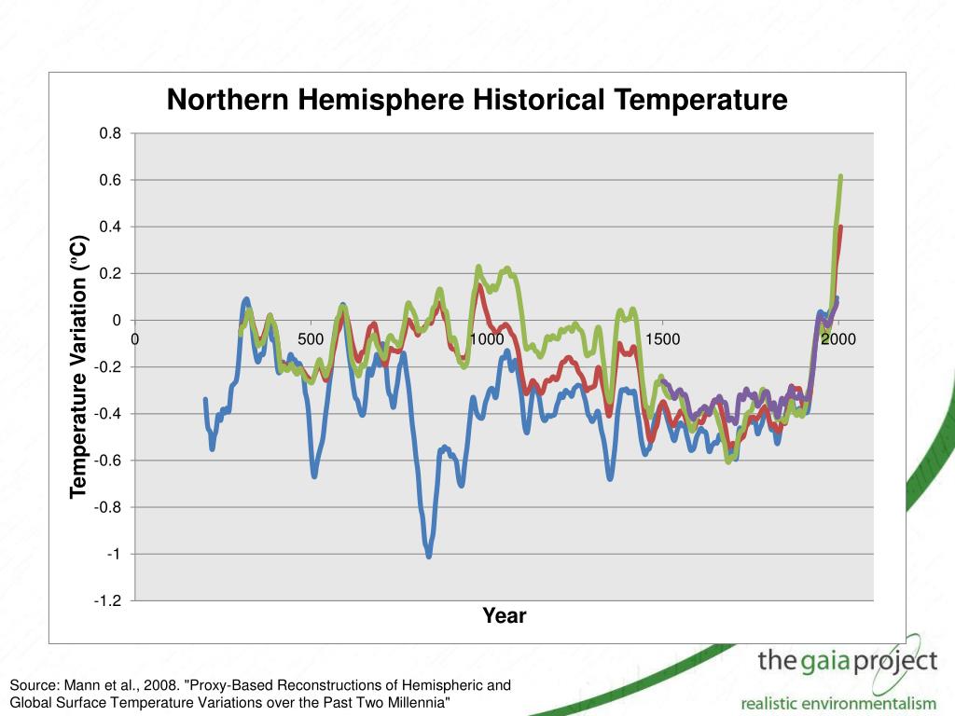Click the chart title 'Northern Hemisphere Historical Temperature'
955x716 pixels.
click(477, 100)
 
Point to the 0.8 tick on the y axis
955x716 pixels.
click(111, 133)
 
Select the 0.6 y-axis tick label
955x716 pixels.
click(111, 180)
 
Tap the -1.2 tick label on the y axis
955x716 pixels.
click(108, 601)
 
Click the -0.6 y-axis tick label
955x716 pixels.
click(108, 461)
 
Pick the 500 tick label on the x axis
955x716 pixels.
click(311, 339)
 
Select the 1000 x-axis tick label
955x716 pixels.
click(486, 339)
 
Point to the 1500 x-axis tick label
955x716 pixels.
click(662, 339)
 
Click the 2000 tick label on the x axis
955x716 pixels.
click(838, 339)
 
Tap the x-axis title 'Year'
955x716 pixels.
click(504, 615)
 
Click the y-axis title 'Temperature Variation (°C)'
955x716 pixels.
click(79, 366)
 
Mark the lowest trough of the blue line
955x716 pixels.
click(429, 556)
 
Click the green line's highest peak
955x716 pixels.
click(840, 176)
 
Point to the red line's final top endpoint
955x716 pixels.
click(840, 227)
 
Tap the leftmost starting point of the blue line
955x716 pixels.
click(205, 400)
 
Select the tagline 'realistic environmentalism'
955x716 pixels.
click(837, 702)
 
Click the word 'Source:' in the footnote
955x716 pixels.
click(34, 685)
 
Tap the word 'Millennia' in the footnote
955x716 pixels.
click(418, 701)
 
